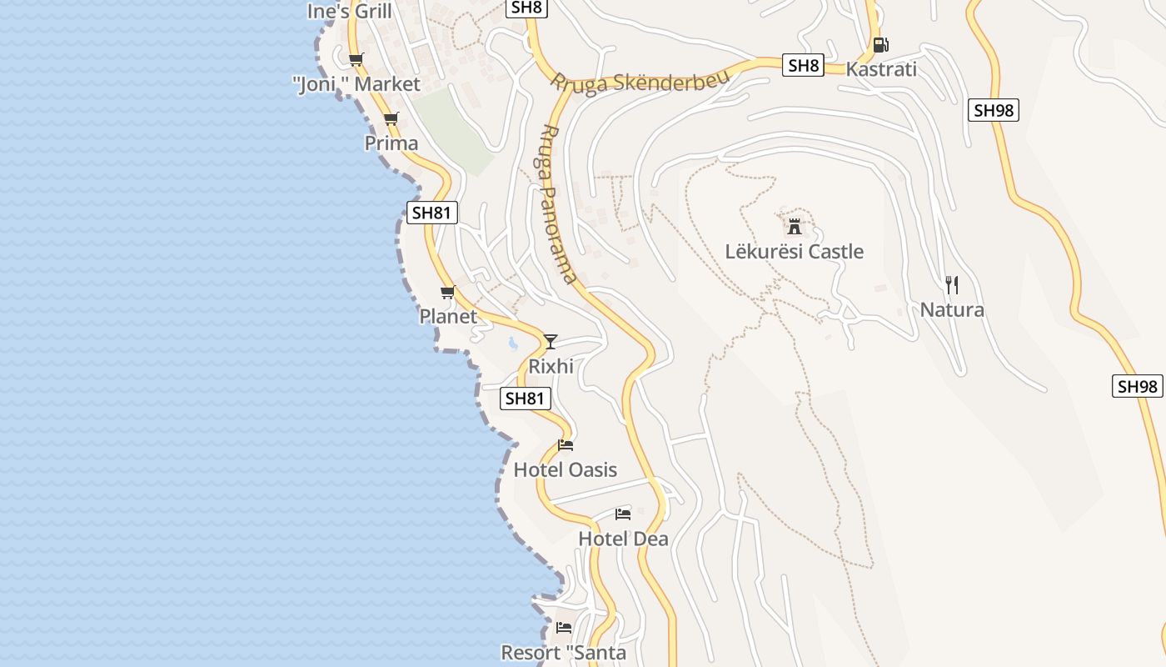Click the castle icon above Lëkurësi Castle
[x=795, y=225]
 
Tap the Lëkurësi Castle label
[x=794, y=251]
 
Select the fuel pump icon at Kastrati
[x=880, y=45]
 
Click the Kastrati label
[x=881, y=69]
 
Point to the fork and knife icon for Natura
[x=952, y=285]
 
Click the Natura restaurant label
[x=952, y=310]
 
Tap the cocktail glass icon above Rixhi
[x=550, y=342]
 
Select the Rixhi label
[x=551, y=366]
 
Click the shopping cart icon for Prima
[x=391, y=119]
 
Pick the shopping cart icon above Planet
[x=448, y=293]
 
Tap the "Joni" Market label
[x=356, y=84]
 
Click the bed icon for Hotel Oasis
[x=566, y=445]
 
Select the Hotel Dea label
[x=623, y=539]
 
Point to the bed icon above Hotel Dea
[x=623, y=514]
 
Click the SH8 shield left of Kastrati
[x=803, y=66]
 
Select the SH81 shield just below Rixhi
[x=526, y=399]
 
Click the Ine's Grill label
[x=349, y=12]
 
